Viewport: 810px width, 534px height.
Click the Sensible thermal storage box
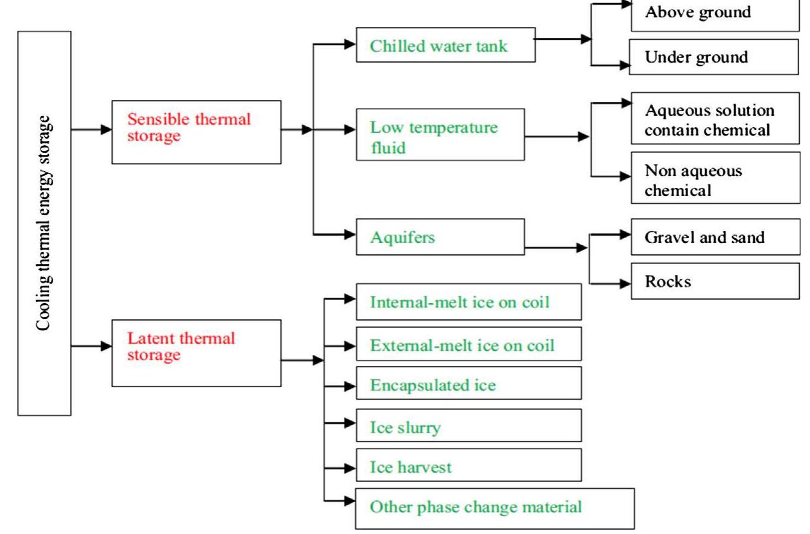pyautogui.click(x=196, y=132)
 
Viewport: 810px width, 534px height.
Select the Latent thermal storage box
pyautogui.click(x=196, y=353)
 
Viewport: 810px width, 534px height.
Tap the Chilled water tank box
pyautogui.click(x=446, y=44)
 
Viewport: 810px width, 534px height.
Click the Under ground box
pyautogui.click(x=718, y=57)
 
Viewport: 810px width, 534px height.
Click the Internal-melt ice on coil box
pyautogui.click(x=469, y=302)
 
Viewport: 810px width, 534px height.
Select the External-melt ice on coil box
pyautogui.click(x=469, y=345)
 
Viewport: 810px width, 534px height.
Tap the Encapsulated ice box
pyautogui.click(x=469, y=384)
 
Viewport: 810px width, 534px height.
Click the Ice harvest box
pyautogui.click(x=469, y=466)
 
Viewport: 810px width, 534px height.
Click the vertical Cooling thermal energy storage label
pyautogui.click(x=45, y=223)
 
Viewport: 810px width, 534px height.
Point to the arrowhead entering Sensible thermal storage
pyautogui.click(x=106, y=129)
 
